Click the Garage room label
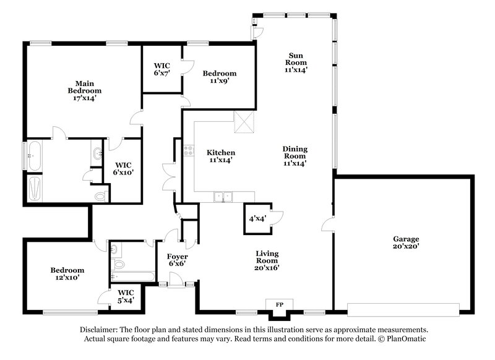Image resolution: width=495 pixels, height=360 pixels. coord(406,243)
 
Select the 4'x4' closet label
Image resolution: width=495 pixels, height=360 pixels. coord(257,218)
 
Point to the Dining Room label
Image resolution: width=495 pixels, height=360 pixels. coord(295,156)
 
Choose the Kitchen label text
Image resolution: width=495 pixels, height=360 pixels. coord(221,156)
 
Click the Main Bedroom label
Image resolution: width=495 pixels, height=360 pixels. coord(84,90)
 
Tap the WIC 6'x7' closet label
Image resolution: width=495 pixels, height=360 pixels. coord(161,69)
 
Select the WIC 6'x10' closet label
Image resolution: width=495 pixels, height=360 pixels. coord(124,169)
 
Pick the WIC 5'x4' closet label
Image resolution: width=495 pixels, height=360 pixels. coord(126,296)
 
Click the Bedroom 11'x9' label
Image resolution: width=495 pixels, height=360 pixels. coord(220,77)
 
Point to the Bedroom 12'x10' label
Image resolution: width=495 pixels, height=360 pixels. coord(67,274)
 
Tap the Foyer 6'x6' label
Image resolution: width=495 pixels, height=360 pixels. coord(178,260)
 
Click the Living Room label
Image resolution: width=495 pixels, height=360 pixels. coord(267,260)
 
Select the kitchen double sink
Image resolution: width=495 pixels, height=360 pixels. coord(223,197)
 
